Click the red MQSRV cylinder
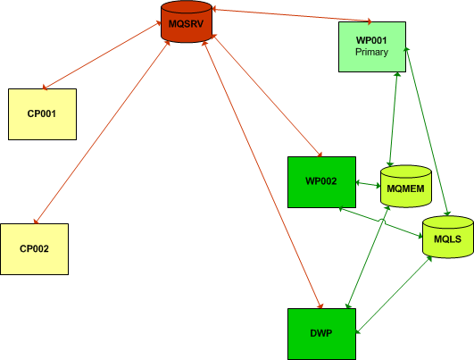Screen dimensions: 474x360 [187, 21]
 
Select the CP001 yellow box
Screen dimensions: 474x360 [42, 114]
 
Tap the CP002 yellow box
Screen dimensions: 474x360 [35, 249]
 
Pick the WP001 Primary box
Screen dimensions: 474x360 [372, 46]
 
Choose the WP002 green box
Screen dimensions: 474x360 [321, 182]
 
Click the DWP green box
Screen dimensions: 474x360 [321, 334]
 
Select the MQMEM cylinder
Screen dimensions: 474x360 [406, 187]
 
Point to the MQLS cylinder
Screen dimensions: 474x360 [448, 237]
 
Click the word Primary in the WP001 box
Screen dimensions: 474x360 [372, 52]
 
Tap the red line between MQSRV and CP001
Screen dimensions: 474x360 [102, 55]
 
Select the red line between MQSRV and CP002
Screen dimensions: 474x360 [102, 132]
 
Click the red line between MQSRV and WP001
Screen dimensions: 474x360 [292, 15]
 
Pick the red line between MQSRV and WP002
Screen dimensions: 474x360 [267, 96]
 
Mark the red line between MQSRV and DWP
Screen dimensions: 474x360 [262, 175]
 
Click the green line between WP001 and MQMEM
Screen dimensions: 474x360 [394, 119]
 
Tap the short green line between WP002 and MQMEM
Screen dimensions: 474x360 [368, 184]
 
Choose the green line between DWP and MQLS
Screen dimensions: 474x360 [394, 295]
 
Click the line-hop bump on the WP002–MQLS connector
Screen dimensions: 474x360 [383, 222]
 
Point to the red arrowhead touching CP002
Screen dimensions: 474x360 [36, 222]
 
